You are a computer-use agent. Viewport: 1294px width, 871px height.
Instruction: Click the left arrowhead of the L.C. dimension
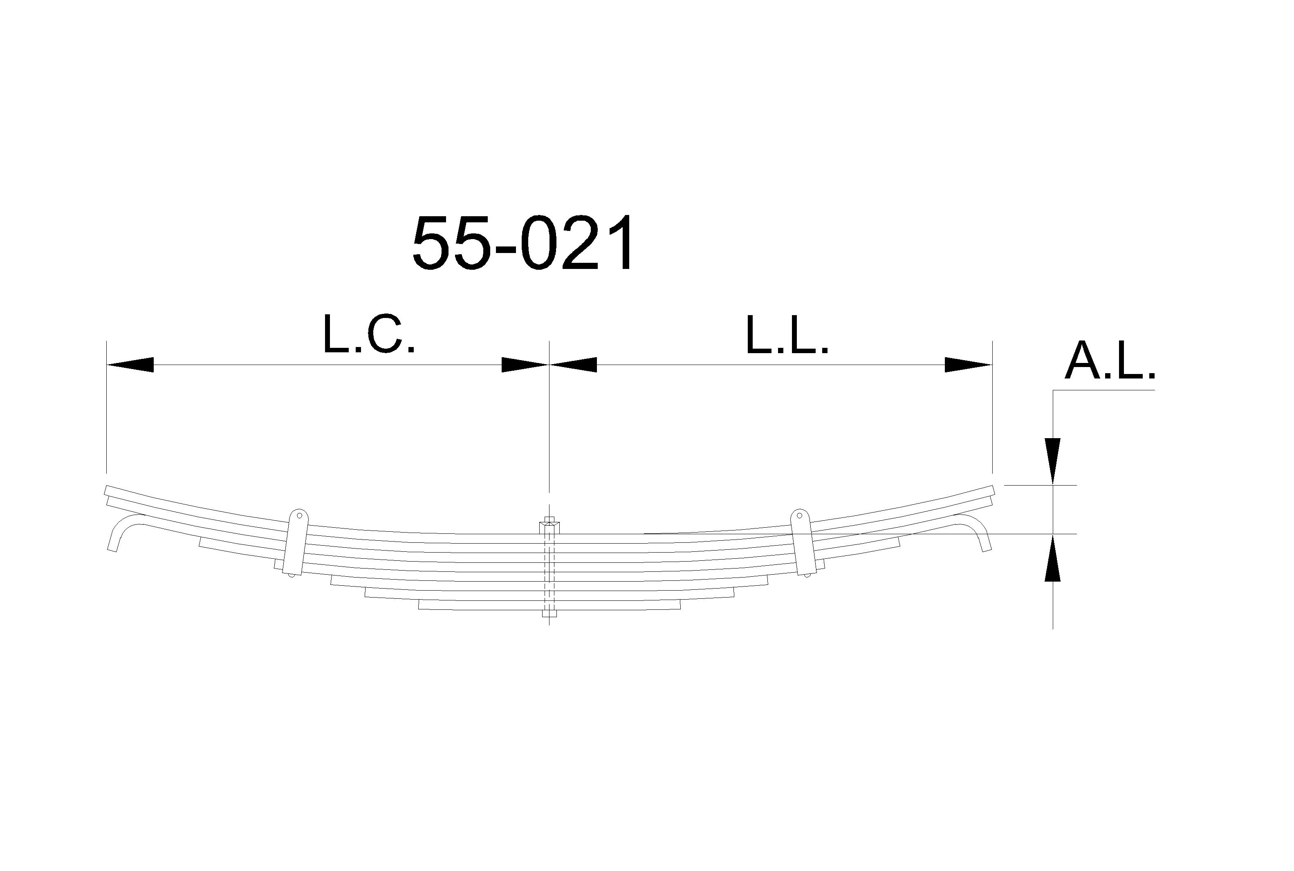click(x=130, y=365)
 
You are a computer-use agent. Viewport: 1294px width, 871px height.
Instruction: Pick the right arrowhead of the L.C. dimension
click(x=525, y=365)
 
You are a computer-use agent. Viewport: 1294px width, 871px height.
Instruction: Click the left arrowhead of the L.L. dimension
click(x=573, y=365)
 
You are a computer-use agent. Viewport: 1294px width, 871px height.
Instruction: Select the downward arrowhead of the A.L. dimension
click(x=1052, y=461)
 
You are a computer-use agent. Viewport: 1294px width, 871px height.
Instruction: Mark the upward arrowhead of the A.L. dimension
click(x=1052, y=557)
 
